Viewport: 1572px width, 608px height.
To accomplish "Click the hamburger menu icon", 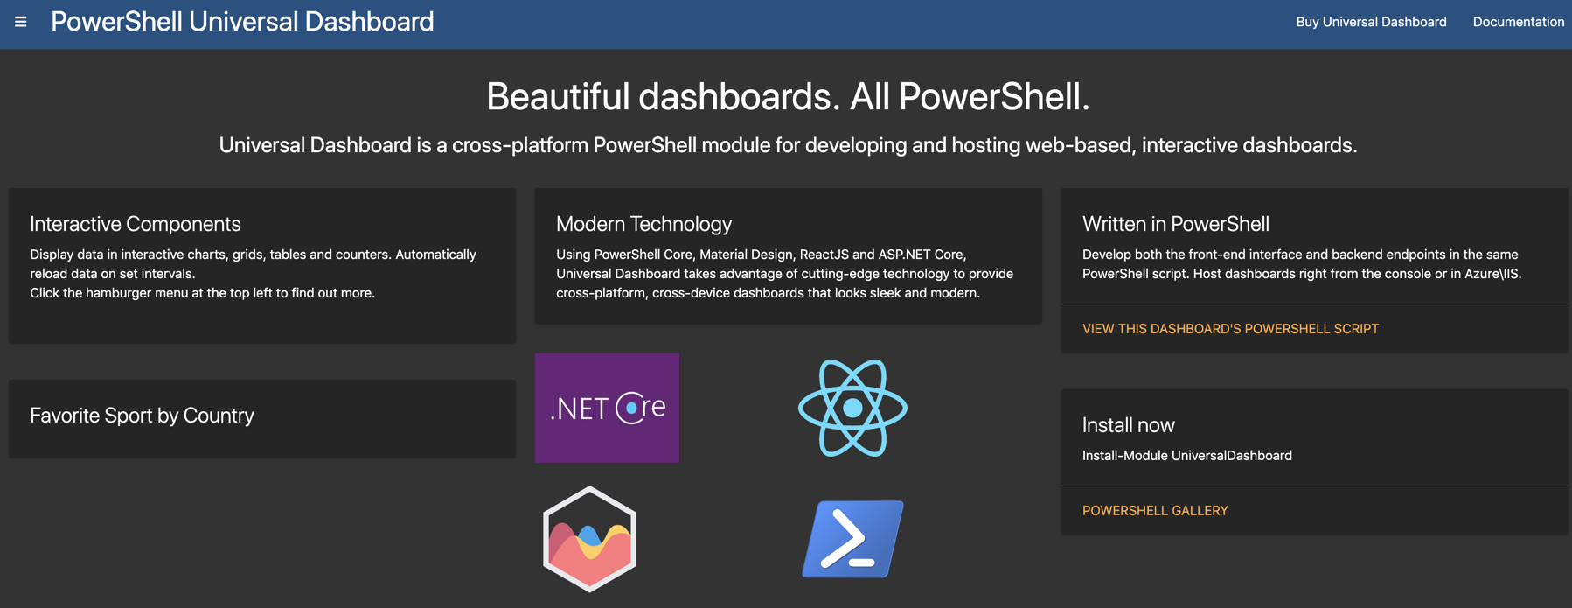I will (x=21, y=22).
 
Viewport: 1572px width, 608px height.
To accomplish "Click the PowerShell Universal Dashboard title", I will (x=242, y=22).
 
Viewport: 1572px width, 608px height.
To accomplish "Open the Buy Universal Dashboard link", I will (x=1371, y=22).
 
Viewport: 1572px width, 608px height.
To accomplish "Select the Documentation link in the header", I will (x=1518, y=22).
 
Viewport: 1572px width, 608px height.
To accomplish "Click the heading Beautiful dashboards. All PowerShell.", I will (x=787, y=96).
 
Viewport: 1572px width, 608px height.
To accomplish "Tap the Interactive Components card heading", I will (x=136, y=224).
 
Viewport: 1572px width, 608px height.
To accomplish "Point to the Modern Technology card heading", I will (x=643, y=224).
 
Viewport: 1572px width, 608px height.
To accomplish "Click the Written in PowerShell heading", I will (x=1175, y=224).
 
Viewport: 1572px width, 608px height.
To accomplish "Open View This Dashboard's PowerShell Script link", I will (x=1230, y=329).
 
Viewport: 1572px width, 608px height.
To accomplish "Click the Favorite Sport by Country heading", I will (x=142, y=416).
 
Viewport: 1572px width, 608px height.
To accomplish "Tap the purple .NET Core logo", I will (x=607, y=408).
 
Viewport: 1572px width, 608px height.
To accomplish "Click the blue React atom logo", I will (x=852, y=408).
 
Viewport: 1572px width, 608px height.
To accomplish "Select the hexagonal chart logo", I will (x=589, y=539).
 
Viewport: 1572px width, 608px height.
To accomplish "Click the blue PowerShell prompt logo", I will (x=852, y=539).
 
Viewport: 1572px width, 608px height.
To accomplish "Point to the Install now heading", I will (x=1128, y=425).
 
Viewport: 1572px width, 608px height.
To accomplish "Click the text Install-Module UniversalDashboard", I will (x=1186, y=456).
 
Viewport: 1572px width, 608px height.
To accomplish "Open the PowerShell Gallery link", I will (x=1155, y=511).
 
